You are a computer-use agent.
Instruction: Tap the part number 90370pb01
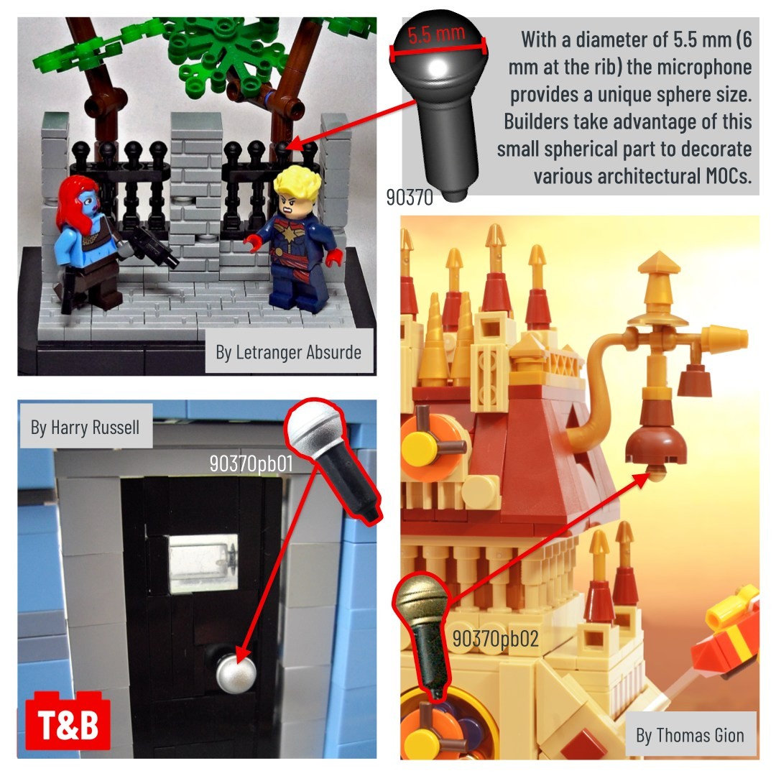(x=251, y=463)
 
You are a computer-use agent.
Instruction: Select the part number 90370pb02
(x=495, y=639)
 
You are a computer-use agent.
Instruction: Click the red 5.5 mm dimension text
(x=437, y=34)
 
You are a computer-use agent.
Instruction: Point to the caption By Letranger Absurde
(x=289, y=352)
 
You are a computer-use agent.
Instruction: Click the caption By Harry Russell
(x=85, y=428)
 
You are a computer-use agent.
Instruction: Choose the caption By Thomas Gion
(x=690, y=736)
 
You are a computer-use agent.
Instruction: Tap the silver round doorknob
(x=236, y=673)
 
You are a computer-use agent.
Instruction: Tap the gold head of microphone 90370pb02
(x=421, y=599)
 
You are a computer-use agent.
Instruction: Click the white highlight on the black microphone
(x=437, y=68)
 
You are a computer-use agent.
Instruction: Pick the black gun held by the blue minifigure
(x=153, y=246)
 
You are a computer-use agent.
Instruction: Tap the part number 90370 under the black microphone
(x=410, y=198)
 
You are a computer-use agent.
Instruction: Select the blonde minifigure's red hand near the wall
(x=254, y=243)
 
